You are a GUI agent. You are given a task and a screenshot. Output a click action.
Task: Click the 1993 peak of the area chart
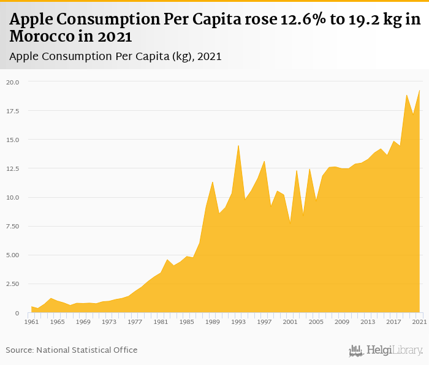click(x=238, y=145)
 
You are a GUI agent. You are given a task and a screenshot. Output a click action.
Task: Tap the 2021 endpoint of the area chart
click(x=420, y=91)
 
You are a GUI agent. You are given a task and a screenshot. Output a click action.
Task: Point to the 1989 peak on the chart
click(x=213, y=182)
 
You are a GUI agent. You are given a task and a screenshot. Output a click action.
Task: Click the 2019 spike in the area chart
click(x=406, y=95)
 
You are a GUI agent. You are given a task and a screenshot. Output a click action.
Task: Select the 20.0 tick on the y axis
click(x=13, y=82)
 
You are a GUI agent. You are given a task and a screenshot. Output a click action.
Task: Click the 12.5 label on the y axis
click(x=13, y=168)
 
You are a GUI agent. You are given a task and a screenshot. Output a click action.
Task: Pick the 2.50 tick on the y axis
click(x=13, y=284)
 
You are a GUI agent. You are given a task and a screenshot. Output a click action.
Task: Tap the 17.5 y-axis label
click(x=13, y=111)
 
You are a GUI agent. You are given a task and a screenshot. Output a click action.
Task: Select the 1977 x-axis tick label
click(x=135, y=322)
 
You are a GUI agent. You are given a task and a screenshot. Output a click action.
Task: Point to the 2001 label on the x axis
click(x=290, y=322)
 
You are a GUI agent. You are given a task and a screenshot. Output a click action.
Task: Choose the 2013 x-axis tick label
click(x=368, y=322)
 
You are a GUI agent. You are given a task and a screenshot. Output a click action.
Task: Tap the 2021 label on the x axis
click(x=419, y=322)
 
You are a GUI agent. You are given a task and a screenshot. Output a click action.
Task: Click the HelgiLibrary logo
click(x=385, y=350)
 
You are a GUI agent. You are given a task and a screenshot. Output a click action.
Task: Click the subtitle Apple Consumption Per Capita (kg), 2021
click(x=115, y=56)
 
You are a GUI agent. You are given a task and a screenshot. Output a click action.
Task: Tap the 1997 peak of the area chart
click(x=264, y=161)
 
